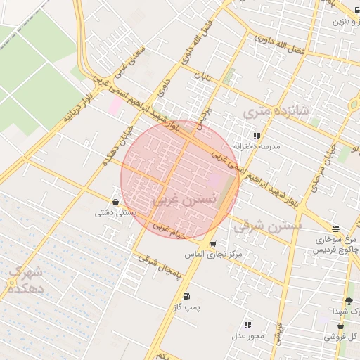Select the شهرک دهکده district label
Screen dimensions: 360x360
point(26,280)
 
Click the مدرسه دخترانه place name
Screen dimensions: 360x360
point(260,146)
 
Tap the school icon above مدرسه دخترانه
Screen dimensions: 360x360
point(257,136)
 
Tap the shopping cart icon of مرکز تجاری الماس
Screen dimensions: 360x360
point(213,243)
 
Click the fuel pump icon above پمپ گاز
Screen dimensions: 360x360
point(186,297)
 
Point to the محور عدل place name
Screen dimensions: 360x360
point(247,335)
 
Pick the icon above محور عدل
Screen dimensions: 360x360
point(247,325)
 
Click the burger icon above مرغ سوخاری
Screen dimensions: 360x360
point(335,229)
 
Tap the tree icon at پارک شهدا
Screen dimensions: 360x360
point(349,301)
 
